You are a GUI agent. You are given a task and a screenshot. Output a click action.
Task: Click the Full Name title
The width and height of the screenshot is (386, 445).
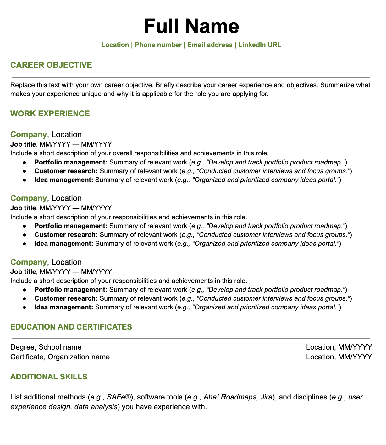click(x=191, y=26)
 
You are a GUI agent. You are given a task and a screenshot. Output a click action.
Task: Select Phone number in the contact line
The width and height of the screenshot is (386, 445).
click(x=158, y=45)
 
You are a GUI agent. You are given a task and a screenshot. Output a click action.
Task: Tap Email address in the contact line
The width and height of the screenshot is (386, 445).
click(x=210, y=45)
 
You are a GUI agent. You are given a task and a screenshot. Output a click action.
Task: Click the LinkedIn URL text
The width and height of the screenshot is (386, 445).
click(x=260, y=45)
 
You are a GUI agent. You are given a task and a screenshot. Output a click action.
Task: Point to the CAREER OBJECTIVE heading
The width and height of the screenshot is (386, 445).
click(x=51, y=65)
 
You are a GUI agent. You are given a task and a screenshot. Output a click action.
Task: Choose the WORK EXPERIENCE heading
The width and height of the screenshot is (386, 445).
click(x=50, y=114)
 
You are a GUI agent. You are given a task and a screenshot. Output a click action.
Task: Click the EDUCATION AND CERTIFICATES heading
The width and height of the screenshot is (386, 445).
click(x=71, y=327)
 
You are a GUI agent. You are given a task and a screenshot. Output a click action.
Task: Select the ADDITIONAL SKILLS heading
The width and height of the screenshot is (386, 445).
click(x=49, y=377)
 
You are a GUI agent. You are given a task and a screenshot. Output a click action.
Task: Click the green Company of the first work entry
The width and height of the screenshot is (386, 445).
click(x=28, y=135)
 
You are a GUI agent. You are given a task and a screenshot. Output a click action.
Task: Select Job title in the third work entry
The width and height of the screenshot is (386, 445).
click(x=23, y=271)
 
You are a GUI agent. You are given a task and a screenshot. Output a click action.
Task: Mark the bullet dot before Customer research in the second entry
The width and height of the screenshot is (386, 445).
click(x=25, y=235)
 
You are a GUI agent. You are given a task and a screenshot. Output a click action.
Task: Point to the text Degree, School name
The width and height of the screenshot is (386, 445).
click(x=46, y=347)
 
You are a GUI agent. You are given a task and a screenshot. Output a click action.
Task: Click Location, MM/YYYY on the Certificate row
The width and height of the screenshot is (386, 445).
click(x=339, y=357)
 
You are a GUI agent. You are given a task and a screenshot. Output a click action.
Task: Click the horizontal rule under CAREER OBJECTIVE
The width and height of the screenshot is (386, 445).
click(x=191, y=77)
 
